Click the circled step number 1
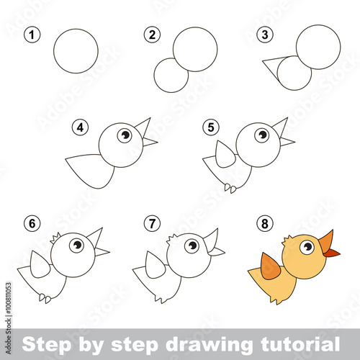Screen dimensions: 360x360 pyautogui.click(x=32, y=35)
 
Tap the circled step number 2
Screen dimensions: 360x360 pyautogui.click(x=152, y=35)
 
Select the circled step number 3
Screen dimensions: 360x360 pyautogui.click(x=265, y=35)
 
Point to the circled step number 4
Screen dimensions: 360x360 pyautogui.click(x=80, y=127)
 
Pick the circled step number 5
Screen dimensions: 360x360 pyautogui.click(x=211, y=127)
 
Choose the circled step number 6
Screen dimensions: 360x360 pyautogui.click(x=32, y=224)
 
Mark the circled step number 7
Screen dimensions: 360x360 pyautogui.click(x=152, y=224)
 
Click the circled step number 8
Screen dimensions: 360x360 pyautogui.click(x=265, y=224)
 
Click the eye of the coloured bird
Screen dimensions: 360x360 pyautogui.click(x=307, y=247)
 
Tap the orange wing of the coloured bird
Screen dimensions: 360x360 pyautogui.click(x=270, y=267)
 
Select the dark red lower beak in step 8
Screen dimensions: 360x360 pyautogui.click(x=333, y=253)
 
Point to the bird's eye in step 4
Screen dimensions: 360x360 pyautogui.click(x=125, y=135)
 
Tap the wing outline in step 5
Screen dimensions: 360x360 pyautogui.click(x=225, y=154)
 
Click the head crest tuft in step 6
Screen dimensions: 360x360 pyautogui.click(x=55, y=238)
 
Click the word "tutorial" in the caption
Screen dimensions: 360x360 pyautogui.click(x=300, y=343)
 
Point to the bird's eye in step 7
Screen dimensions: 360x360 pyautogui.click(x=192, y=246)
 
